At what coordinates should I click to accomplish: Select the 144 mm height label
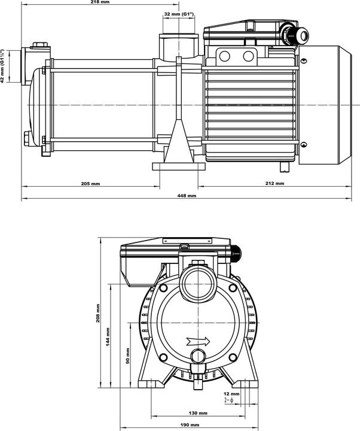(x=108, y=338)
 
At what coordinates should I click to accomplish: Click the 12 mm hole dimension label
(x=232, y=393)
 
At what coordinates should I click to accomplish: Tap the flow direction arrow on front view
(x=198, y=342)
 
